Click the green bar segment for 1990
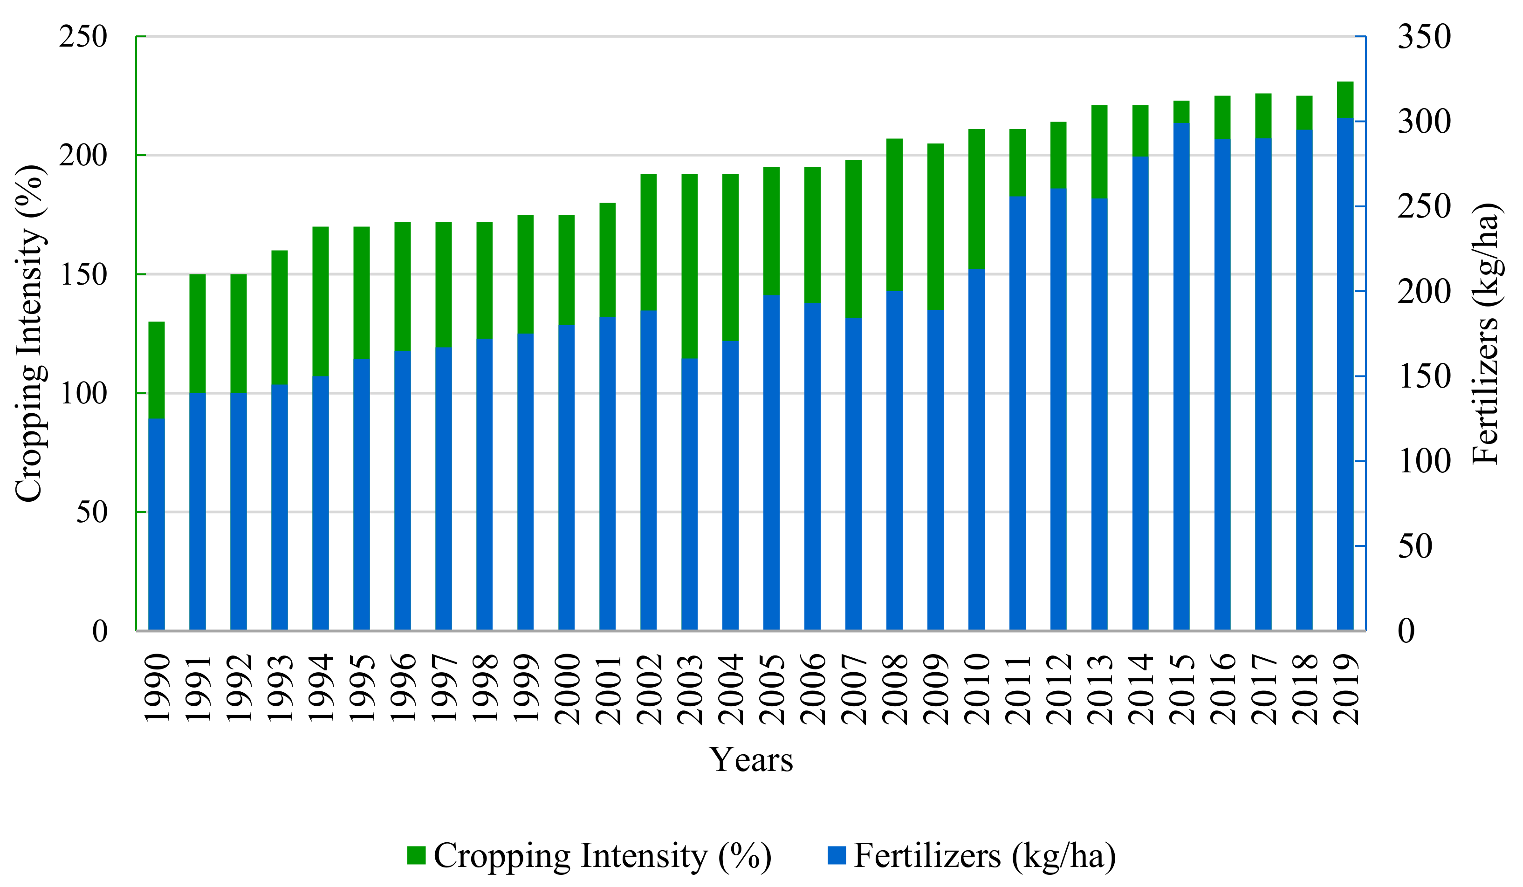157,370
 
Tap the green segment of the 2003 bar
690,266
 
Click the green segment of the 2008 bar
894,214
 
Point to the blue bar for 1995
362,496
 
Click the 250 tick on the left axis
83,37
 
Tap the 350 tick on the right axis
1423,37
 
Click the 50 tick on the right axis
1415,547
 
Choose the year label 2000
567,689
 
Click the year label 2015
1181,689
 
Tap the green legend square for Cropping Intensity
416,856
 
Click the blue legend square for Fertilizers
837,856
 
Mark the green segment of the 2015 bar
1181,112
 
